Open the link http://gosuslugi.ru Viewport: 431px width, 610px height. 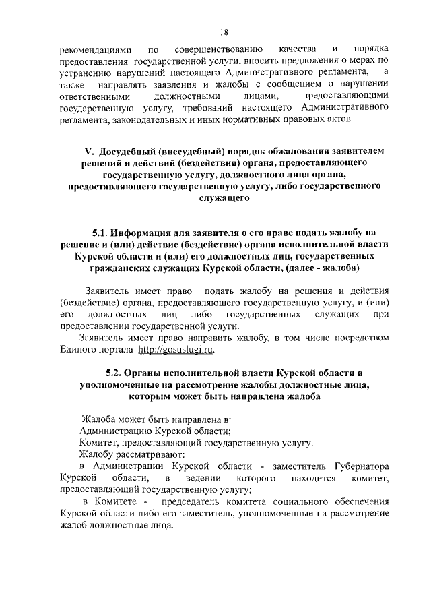click(178, 350)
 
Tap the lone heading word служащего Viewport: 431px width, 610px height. click(224, 199)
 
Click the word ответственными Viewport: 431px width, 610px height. click(95, 96)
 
